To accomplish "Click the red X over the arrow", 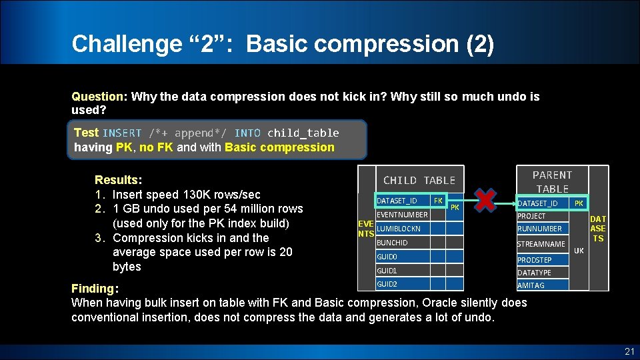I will [x=487, y=200].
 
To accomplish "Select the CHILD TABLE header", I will [x=419, y=180].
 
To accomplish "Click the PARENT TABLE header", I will [x=552, y=181].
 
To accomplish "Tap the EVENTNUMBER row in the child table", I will [x=402, y=215].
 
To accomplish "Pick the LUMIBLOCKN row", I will [x=402, y=229].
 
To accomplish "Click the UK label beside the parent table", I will [x=579, y=251].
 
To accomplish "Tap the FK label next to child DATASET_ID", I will [x=438, y=200].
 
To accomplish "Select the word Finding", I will [x=93, y=289].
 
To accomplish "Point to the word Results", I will [x=117, y=180].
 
